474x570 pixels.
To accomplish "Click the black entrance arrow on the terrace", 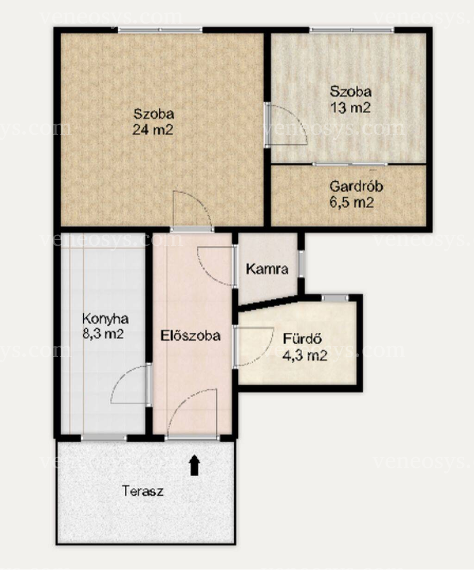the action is pyautogui.click(x=194, y=465).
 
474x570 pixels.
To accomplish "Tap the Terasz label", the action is pyautogui.click(x=143, y=491).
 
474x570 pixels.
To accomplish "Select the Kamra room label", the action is pyautogui.click(x=267, y=269).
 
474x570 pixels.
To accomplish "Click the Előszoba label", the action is pyautogui.click(x=190, y=336).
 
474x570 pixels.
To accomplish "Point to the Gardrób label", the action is pyautogui.click(x=356, y=187).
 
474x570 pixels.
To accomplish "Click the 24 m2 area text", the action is pyautogui.click(x=153, y=130).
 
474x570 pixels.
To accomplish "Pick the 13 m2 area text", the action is pyautogui.click(x=351, y=107).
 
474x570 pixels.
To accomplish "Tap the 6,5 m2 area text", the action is pyautogui.click(x=351, y=203).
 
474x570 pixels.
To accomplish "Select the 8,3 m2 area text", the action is pyautogui.click(x=103, y=333).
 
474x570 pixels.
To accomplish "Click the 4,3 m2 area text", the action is pyautogui.click(x=305, y=356).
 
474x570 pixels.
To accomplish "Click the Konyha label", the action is pyautogui.click(x=105, y=319).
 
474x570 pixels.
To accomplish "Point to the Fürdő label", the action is pyautogui.click(x=302, y=339).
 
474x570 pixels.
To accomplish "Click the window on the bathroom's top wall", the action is pyautogui.click(x=335, y=298).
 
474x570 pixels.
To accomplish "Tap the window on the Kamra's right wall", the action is pyautogui.click(x=301, y=264).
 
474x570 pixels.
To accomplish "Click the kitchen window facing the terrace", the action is pyautogui.click(x=104, y=438).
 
